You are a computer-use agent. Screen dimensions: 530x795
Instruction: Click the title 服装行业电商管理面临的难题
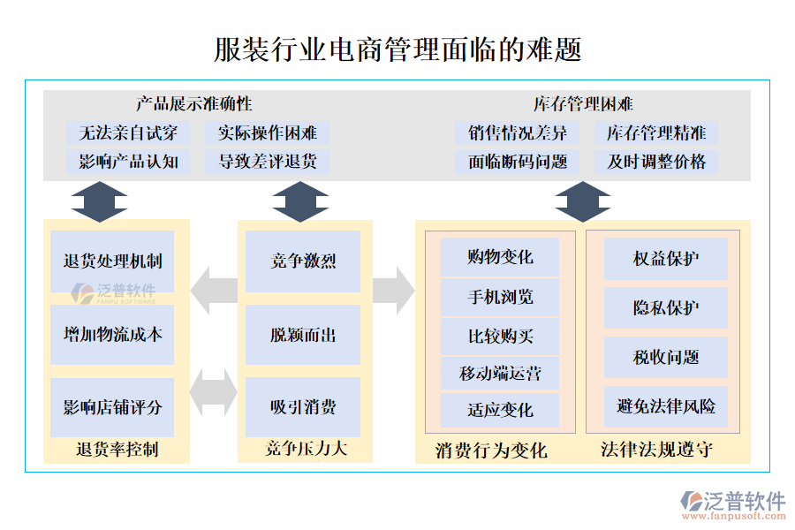point(397,49)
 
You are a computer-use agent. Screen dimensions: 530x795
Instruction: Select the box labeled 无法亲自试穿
point(128,133)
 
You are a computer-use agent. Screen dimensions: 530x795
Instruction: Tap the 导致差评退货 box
point(267,162)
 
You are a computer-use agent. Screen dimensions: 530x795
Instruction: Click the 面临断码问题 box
point(518,162)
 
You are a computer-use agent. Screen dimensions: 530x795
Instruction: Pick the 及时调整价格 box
point(656,162)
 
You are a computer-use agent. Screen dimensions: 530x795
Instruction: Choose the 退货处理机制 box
point(112,261)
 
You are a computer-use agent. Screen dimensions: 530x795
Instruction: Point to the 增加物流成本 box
point(112,335)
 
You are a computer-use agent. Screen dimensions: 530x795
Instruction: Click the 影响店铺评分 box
point(112,407)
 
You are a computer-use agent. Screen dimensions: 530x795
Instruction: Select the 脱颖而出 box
point(303,335)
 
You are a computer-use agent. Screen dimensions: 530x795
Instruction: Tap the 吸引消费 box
point(303,407)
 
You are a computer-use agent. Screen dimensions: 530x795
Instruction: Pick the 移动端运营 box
point(500,374)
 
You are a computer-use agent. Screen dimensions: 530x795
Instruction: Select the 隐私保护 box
point(666,308)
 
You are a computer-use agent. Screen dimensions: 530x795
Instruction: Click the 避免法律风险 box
point(666,407)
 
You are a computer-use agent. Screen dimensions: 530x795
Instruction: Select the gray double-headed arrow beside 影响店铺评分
point(214,392)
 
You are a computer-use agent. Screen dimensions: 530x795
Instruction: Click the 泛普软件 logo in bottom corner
point(732,503)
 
